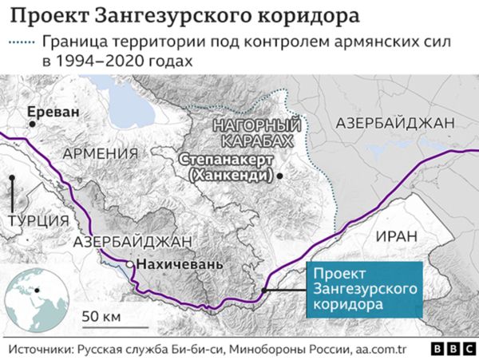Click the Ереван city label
(54, 112)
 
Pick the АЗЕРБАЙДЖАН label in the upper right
(395, 123)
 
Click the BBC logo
(451, 349)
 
